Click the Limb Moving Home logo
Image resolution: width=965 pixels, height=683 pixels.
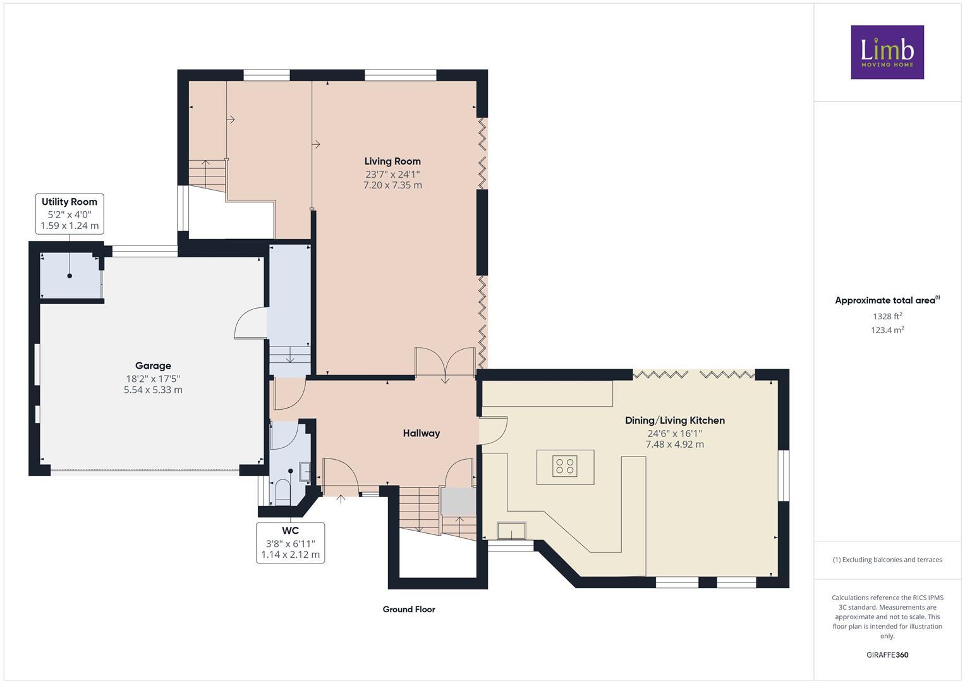pyautogui.click(x=887, y=52)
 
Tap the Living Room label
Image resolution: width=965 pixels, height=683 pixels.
pyautogui.click(x=392, y=161)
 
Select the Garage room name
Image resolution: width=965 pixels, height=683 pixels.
pyautogui.click(x=153, y=366)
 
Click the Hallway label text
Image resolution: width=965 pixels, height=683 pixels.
pyautogui.click(x=421, y=433)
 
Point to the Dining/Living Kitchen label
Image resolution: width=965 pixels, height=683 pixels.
pyautogui.click(x=674, y=421)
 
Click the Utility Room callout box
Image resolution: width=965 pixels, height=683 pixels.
pyautogui.click(x=70, y=214)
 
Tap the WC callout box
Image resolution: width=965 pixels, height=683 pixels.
pyautogui.click(x=290, y=543)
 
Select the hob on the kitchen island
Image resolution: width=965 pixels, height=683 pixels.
pyautogui.click(x=565, y=467)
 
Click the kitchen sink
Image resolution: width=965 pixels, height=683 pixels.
pyautogui.click(x=511, y=530)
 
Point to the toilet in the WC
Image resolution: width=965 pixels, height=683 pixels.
pyautogui.click(x=281, y=490)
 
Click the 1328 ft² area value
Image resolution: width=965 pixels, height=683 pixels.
pyautogui.click(x=887, y=316)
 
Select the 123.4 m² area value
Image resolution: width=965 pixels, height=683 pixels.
pyautogui.click(x=887, y=330)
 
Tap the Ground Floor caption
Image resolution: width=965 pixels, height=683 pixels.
pyautogui.click(x=408, y=610)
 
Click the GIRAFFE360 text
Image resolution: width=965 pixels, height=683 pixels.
pyautogui.click(x=887, y=655)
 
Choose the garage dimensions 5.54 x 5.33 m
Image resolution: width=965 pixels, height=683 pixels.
pyautogui.click(x=153, y=390)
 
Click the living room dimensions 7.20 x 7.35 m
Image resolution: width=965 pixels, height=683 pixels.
pyautogui.click(x=392, y=185)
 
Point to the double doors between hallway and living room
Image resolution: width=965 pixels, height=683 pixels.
pyautogui.click(x=445, y=364)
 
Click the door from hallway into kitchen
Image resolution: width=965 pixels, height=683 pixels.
pyautogui.click(x=493, y=430)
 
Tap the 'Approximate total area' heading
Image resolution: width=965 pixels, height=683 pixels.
pyautogui.click(x=887, y=300)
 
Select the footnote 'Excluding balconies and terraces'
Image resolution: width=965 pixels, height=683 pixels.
pyautogui.click(x=887, y=560)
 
